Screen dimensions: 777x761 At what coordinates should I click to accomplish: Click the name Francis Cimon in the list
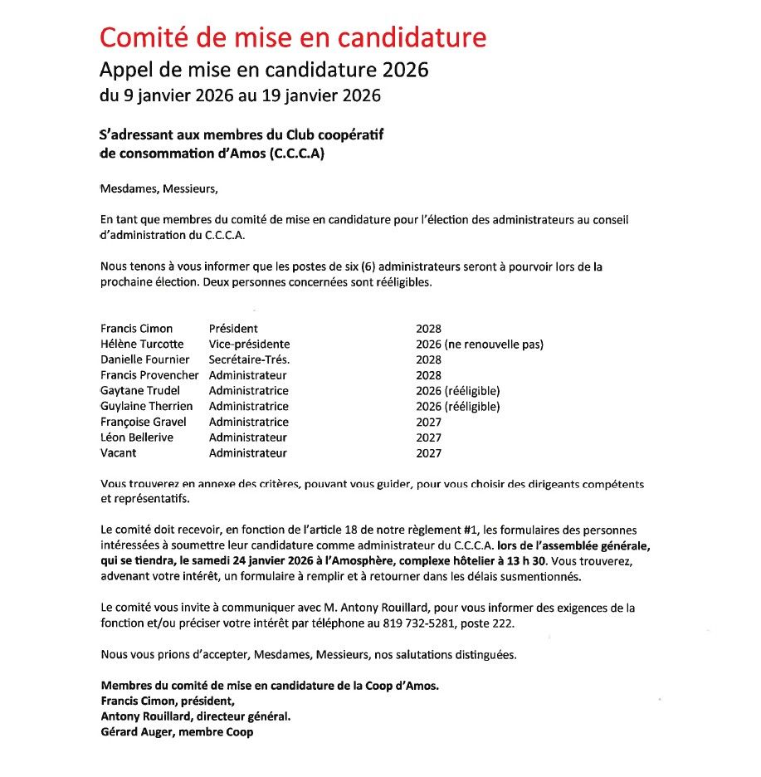[136, 329]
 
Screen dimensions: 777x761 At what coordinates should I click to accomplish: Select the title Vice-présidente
[249, 345]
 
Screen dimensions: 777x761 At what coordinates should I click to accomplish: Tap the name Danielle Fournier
[144, 359]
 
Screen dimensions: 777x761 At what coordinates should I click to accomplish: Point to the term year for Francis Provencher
[428, 375]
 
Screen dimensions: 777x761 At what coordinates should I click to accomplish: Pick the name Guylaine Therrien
[146, 407]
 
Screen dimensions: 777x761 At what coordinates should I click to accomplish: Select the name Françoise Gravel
[143, 423]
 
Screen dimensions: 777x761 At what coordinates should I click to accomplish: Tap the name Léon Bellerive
[136, 437]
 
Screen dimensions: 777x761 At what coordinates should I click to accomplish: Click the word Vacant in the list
[118, 453]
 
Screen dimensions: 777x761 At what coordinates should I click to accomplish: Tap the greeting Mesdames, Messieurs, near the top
[159, 188]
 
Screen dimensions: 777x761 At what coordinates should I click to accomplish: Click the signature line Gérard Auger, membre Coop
[177, 732]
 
